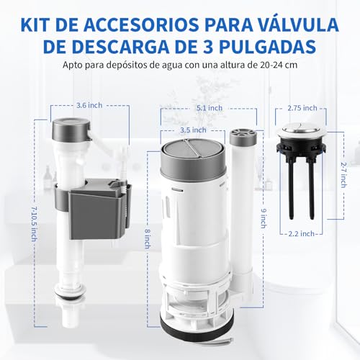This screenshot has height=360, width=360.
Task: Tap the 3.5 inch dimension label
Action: pyautogui.click(x=192, y=130)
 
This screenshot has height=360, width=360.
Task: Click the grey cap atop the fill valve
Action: pyautogui.click(x=70, y=127)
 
